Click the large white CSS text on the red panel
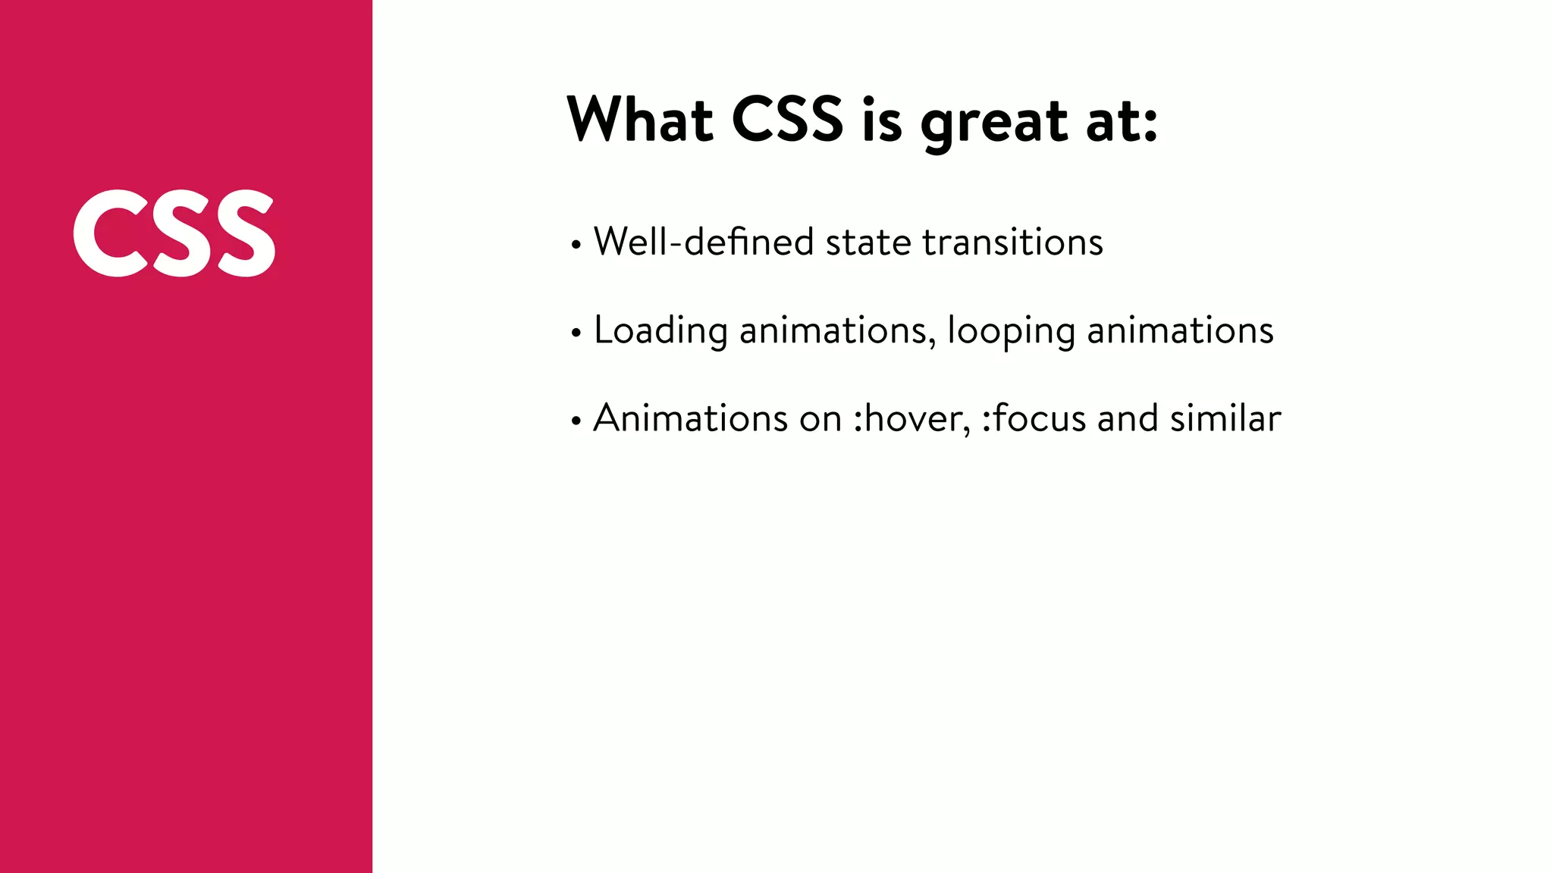174,233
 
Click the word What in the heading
640,119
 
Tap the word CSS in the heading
787,119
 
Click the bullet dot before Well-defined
576,246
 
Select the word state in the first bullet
868,242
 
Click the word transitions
1012,242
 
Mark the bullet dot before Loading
576,333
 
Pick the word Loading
660,331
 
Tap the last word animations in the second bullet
1180,330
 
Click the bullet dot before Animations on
576,421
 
